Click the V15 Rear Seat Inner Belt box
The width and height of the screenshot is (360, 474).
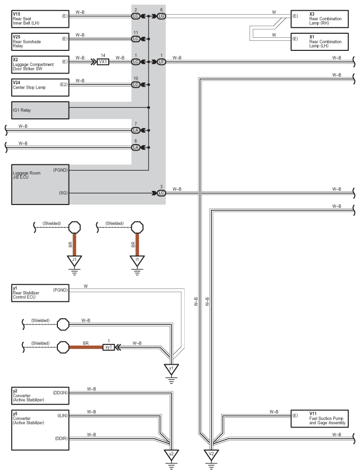click(x=40, y=19)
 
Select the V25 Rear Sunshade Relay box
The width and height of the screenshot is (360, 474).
click(x=40, y=42)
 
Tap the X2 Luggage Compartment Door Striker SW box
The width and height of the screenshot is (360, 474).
click(x=40, y=64)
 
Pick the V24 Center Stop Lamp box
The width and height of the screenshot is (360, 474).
click(x=40, y=87)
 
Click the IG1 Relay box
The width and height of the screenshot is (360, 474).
click(x=40, y=110)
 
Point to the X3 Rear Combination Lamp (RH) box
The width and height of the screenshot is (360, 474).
click(x=320, y=19)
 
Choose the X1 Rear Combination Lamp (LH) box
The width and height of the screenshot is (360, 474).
click(x=320, y=42)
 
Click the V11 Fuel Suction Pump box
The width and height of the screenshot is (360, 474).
click(x=320, y=419)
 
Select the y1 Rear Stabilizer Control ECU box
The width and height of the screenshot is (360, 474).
click(x=40, y=293)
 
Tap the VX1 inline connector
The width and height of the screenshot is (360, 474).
click(x=103, y=61)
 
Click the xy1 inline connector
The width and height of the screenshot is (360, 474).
click(x=109, y=348)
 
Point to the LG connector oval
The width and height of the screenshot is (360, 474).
click(x=162, y=16)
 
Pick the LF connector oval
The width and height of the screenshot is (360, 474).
click(x=162, y=61)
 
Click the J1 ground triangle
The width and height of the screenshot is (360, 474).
click(x=75, y=260)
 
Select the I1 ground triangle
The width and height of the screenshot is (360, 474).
click(x=137, y=260)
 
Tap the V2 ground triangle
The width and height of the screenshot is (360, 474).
click(x=211, y=454)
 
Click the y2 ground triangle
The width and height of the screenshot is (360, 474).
click(x=171, y=454)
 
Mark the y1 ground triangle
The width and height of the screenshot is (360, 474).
click(x=171, y=369)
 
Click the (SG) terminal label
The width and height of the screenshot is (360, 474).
click(x=63, y=193)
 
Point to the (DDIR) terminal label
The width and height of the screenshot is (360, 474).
click(x=61, y=438)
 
